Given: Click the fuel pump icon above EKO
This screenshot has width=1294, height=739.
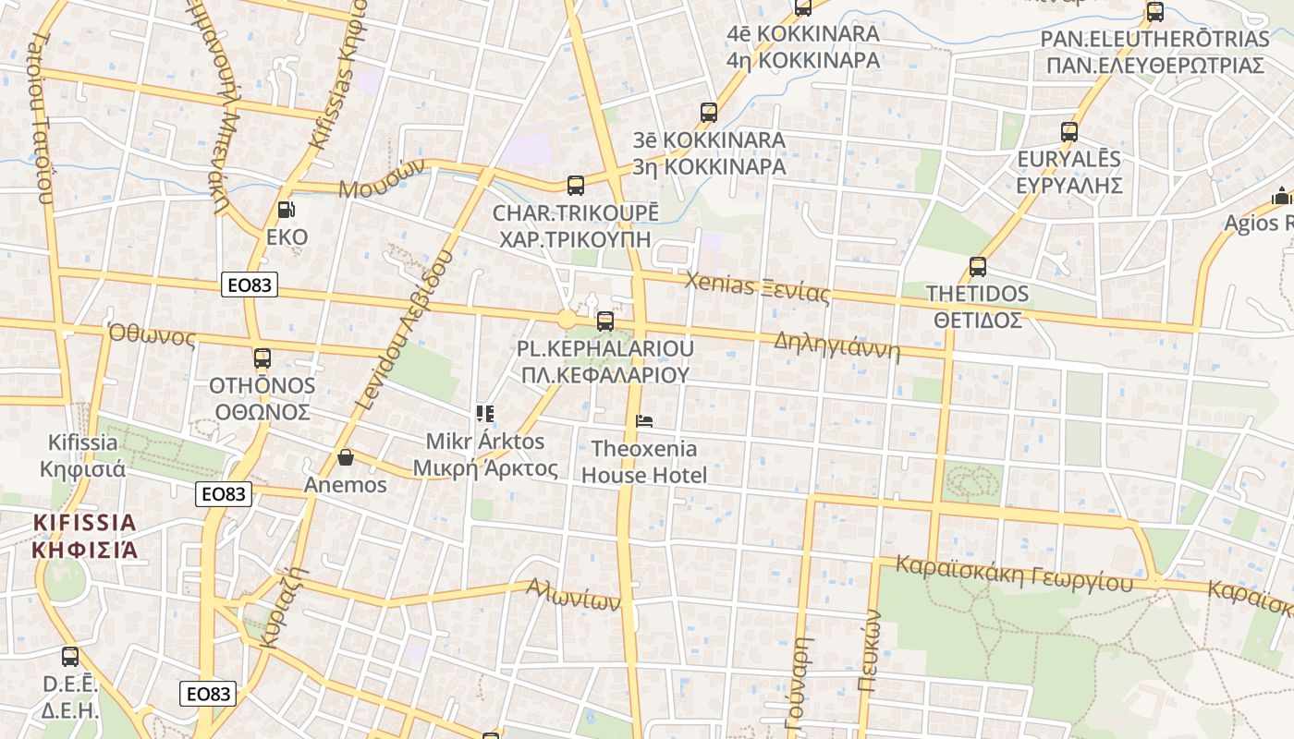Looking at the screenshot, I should point(287,210).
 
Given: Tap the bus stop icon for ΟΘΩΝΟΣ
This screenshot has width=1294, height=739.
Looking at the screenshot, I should point(262,357).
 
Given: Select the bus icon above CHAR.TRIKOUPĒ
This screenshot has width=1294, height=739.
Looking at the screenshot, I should point(576,185).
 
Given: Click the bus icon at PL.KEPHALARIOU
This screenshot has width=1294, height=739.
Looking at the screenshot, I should point(605,321).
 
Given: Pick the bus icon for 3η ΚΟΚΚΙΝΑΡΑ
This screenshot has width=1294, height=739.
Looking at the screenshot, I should point(709,113).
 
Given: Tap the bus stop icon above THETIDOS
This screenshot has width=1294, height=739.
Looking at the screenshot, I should point(978,267).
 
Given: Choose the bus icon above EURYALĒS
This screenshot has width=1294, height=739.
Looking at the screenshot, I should point(1069,131).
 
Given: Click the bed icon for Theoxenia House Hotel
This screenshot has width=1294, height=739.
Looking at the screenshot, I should point(644,422).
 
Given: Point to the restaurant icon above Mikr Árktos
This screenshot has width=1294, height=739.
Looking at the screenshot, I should point(484,413).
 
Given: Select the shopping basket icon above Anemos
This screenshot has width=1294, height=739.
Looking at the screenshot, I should point(346,456).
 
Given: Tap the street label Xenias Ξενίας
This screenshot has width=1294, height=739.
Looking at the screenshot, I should point(757,288).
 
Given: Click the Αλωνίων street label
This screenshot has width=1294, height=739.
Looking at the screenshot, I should point(573,594).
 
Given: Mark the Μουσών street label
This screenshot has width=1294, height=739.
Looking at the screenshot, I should point(382,178).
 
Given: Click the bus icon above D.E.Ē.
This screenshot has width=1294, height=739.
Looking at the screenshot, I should point(70,657).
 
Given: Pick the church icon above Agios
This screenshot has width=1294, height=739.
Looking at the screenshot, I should point(1282,196).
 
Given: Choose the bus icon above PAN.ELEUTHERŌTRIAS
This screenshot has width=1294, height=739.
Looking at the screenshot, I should point(1154,12).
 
